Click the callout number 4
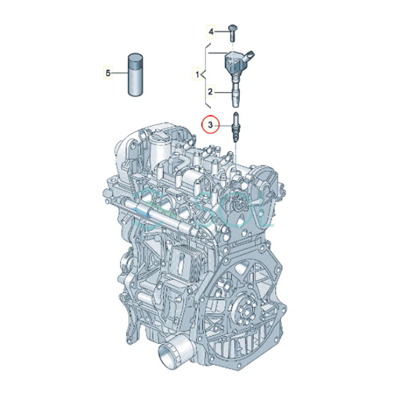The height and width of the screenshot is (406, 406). coord(211,32)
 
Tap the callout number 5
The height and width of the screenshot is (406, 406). coord(108,73)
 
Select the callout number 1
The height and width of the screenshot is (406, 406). coord(197,74)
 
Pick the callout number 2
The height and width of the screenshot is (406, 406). coord(210,92)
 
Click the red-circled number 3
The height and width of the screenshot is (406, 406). coord(210,125)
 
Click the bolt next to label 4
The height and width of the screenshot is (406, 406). coord(232,33)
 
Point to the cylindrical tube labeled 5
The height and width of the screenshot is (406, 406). coord(135,75)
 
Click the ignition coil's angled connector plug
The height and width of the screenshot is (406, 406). coord(249,58)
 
